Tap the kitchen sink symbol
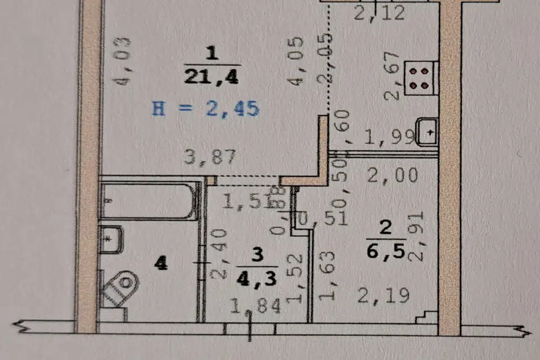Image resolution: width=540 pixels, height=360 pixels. pyautogui.click(x=426, y=133)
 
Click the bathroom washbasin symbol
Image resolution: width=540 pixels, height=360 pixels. pyautogui.click(x=111, y=240)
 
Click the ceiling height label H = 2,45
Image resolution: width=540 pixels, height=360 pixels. pyautogui.click(x=205, y=107)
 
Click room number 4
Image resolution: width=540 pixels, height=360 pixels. pyautogui.click(x=161, y=263)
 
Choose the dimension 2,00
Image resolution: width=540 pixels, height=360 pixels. pyautogui.click(x=392, y=175)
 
